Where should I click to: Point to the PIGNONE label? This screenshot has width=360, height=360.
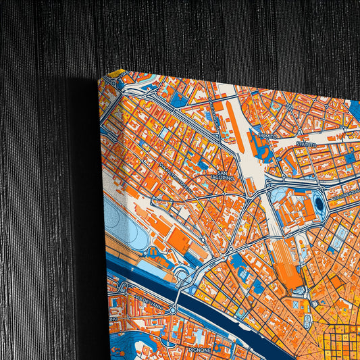[x=201, y=350]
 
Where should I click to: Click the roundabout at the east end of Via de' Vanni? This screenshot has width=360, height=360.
[x=182, y=274]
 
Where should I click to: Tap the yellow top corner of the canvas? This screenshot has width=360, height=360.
[x=118, y=72]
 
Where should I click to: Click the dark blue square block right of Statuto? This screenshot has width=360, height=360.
[x=349, y=158]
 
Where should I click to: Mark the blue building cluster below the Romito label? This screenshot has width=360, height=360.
[x=260, y=146]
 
